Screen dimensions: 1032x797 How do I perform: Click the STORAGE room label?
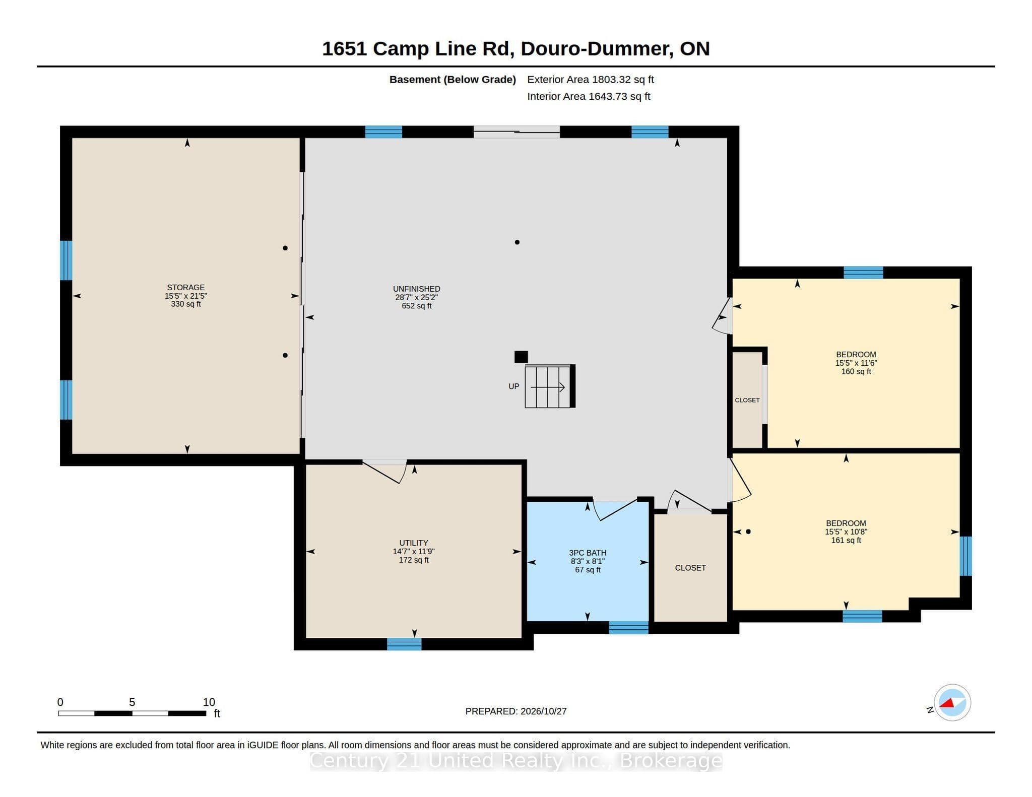coord(186,288)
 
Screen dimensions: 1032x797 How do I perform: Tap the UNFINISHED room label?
coord(417,289)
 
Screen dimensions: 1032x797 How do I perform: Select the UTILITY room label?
coord(414,543)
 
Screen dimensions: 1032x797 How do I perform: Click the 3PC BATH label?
coord(588,553)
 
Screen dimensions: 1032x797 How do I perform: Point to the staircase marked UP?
coord(550,386)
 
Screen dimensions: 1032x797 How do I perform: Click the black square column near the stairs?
coord(521,357)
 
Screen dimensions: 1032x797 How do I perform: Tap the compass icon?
coord(952,703)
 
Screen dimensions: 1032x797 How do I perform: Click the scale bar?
coord(132,713)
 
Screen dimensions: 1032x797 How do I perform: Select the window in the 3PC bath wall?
coord(628,628)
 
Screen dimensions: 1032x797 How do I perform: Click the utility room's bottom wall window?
coord(404,644)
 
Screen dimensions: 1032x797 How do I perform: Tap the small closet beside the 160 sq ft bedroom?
coord(747,400)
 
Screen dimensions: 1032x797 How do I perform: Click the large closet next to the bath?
coord(690,568)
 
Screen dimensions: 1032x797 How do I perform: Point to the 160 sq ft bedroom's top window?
coord(863,273)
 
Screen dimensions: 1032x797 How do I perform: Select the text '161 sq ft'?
coord(846,541)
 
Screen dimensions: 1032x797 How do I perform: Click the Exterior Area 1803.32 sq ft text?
coord(591,80)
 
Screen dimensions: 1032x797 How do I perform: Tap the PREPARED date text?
coord(516,711)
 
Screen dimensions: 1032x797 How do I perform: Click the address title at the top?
coord(516,49)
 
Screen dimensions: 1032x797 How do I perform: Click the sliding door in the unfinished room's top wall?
coord(517,132)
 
